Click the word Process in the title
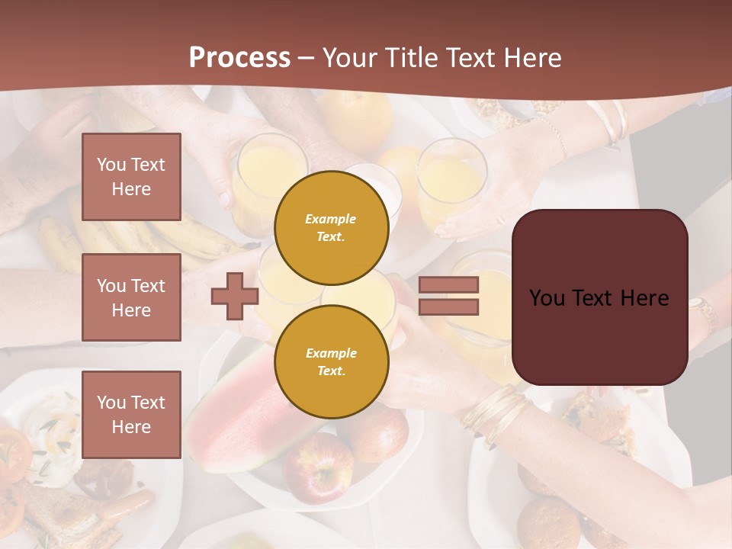(x=239, y=57)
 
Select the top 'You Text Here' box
(x=131, y=177)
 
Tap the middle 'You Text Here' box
(x=131, y=297)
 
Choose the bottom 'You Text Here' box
(x=131, y=414)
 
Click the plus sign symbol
(x=235, y=296)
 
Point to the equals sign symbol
(x=448, y=296)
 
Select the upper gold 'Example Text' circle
(x=331, y=227)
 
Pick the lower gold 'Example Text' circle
(x=331, y=361)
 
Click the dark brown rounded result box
(x=599, y=297)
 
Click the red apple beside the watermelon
(x=319, y=465)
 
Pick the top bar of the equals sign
(x=448, y=285)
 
